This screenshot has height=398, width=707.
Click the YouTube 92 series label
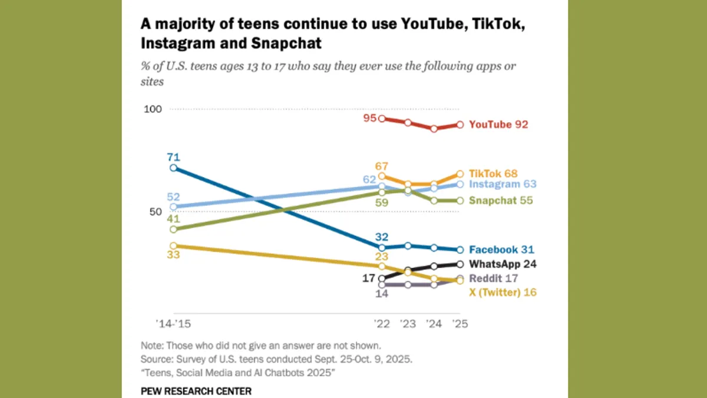point(498,124)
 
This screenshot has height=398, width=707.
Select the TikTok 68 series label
point(493,173)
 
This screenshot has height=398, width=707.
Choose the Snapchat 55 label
point(500,200)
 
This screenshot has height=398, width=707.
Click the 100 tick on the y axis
point(153,110)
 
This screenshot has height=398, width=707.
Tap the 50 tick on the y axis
point(155,212)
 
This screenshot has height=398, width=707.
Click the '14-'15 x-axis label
point(173,324)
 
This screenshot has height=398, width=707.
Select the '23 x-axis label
point(408,324)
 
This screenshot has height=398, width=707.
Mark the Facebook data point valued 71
point(173,168)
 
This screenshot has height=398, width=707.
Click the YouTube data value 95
point(369,118)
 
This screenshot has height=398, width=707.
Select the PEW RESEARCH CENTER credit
point(196,391)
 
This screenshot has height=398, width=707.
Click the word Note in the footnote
point(150,346)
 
